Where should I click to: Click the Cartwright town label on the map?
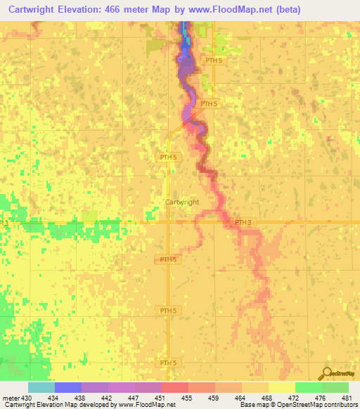(181, 202)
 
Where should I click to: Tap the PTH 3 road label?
(243, 223)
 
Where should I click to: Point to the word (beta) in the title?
(284, 9)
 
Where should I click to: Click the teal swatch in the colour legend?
(41, 387)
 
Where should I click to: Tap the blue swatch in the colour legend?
(68, 387)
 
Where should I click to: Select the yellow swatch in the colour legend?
(281, 387)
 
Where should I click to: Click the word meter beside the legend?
(10, 398)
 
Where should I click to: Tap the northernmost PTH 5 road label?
(214, 60)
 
